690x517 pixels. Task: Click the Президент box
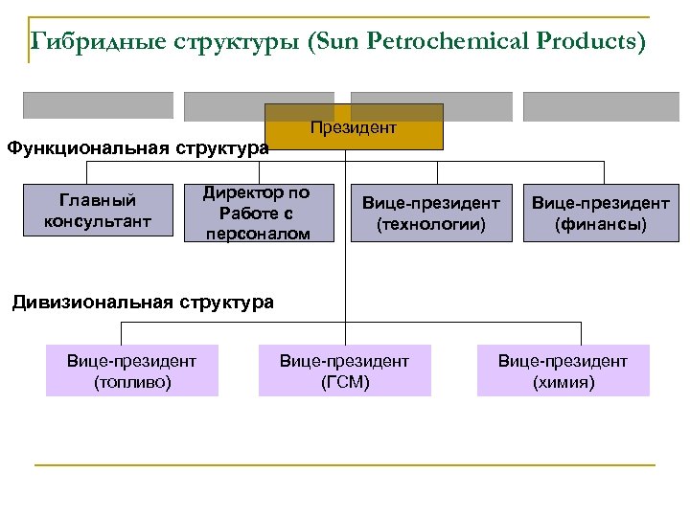tap(354, 127)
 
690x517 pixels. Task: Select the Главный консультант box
tap(98, 212)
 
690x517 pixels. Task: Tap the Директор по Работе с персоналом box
tap(259, 213)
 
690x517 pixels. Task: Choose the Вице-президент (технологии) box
tap(430, 214)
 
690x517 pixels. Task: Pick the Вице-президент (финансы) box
tap(601, 214)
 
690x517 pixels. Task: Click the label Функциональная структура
tap(138, 148)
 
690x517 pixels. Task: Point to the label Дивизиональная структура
tap(143, 303)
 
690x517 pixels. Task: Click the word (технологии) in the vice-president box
tap(430, 224)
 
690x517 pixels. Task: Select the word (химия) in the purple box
tap(563, 382)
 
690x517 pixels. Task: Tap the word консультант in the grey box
tap(98, 222)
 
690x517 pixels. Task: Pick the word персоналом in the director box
tap(259, 233)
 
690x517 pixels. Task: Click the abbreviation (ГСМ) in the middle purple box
tap(344, 382)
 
